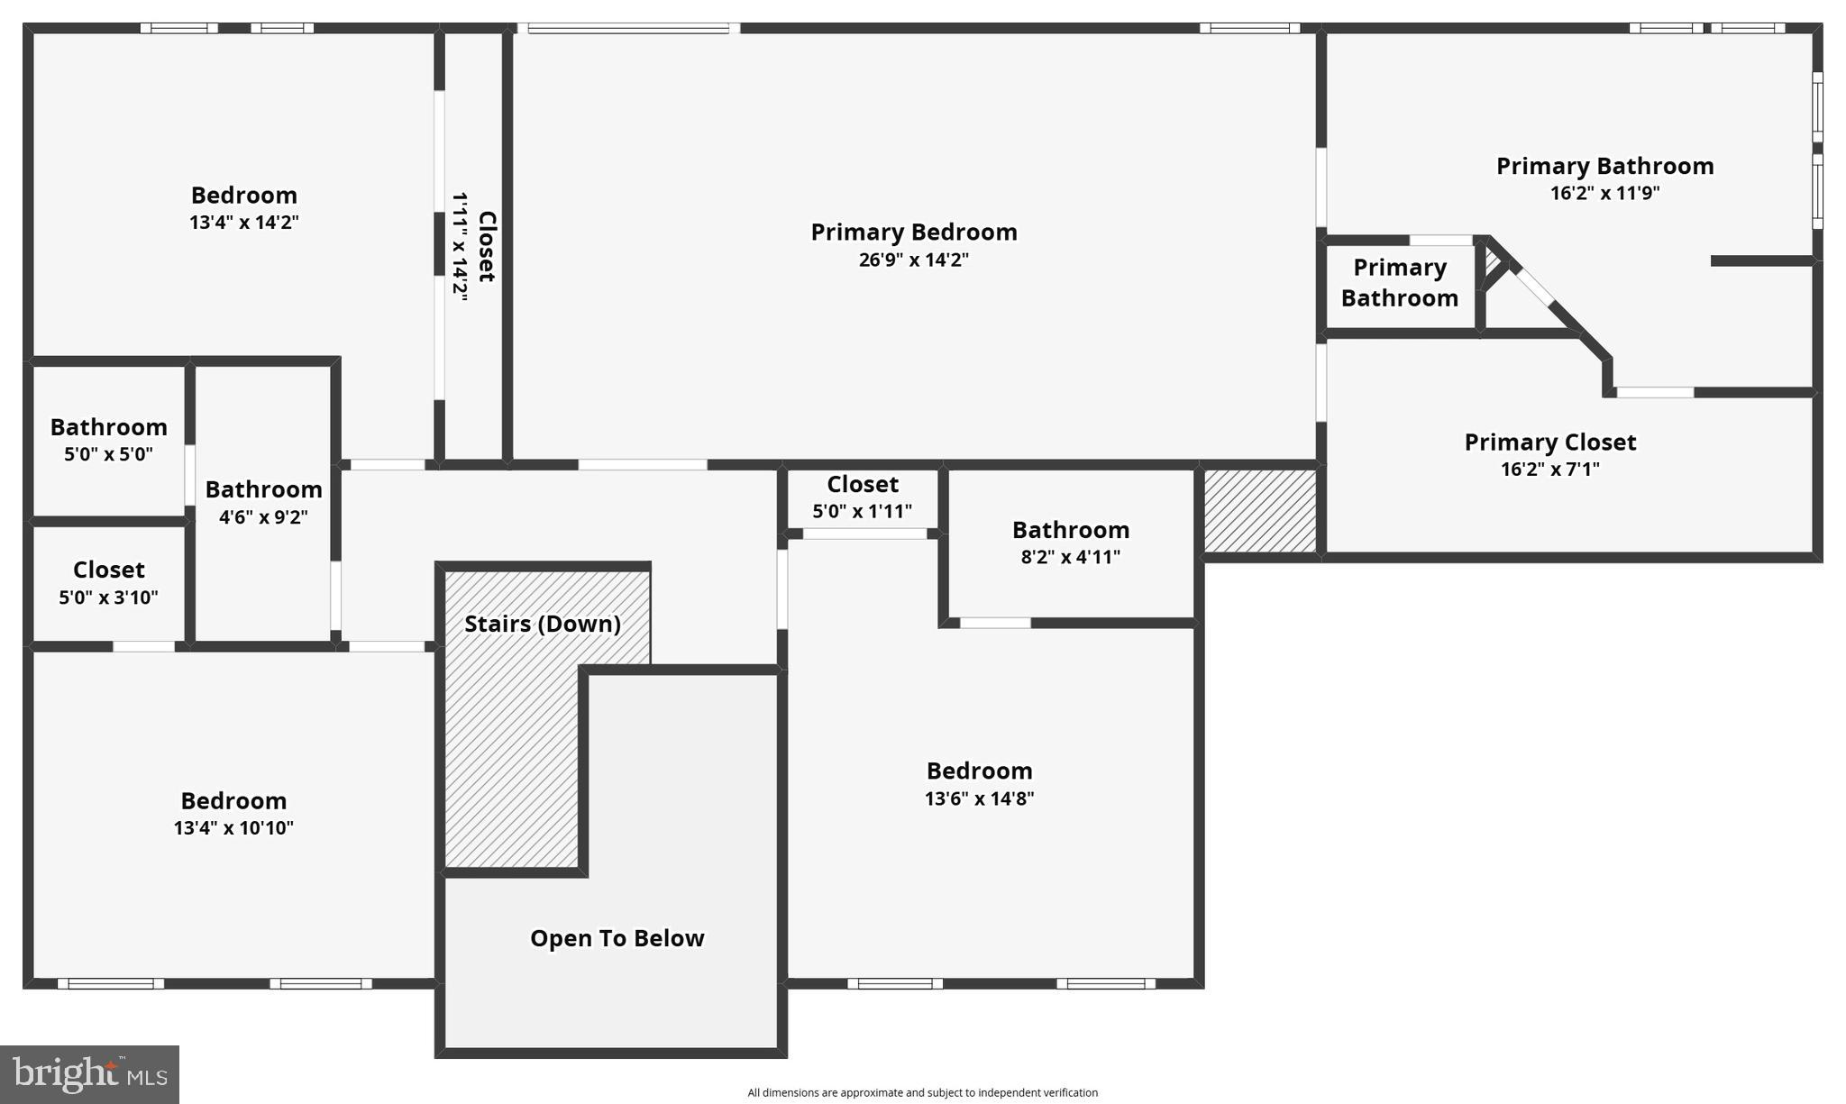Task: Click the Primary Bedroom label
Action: [x=913, y=233]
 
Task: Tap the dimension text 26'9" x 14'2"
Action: [x=913, y=260]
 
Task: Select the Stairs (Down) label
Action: [x=542, y=624]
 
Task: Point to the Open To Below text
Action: [x=617, y=938]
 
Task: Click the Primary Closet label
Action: [x=1549, y=442]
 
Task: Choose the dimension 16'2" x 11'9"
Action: [x=1604, y=193]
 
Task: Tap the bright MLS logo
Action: [x=89, y=1074]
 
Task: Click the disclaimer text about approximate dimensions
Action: [x=922, y=1092]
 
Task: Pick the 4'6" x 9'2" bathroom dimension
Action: [x=263, y=517]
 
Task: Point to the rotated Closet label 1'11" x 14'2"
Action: [x=474, y=246]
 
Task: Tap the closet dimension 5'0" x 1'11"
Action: [x=862, y=512]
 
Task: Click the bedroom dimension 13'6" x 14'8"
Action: [x=979, y=798]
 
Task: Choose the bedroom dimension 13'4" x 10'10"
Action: [x=233, y=828]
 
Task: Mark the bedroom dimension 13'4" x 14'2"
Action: [x=243, y=223]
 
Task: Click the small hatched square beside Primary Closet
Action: [x=1260, y=510]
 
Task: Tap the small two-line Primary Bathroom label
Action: [x=1399, y=283]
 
